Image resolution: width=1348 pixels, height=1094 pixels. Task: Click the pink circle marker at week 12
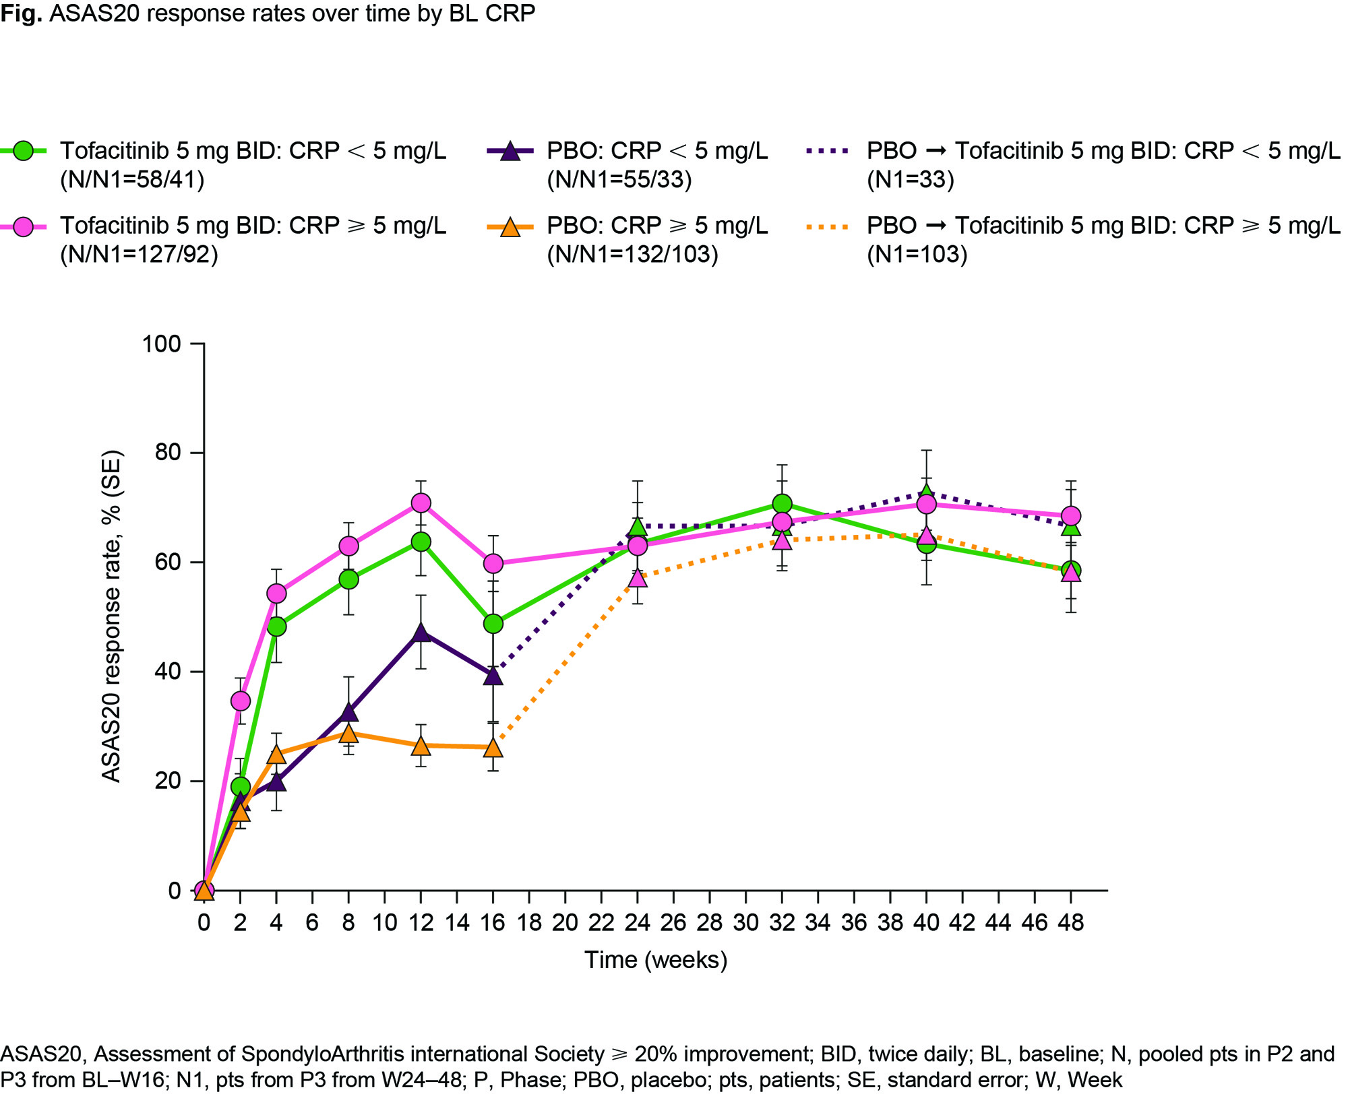coord(421,503)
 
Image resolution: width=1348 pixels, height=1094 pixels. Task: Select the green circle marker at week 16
coord(493,624)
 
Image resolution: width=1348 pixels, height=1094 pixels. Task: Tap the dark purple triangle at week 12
coord(421,633)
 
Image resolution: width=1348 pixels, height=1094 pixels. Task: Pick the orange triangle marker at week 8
coord(348,733)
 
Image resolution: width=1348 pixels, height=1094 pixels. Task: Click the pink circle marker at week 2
coord(241,701)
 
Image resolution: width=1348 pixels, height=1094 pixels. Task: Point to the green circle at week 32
coord(782,504)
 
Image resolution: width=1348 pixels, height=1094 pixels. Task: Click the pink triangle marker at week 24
coord(638,578)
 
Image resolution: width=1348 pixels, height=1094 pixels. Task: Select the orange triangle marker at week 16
coord(493,748)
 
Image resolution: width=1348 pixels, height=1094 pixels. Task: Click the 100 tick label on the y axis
coord(162,344)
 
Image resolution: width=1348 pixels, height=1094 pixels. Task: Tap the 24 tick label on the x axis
coord(638,922)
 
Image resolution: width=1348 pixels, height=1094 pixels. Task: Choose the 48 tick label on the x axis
coord(1071,922)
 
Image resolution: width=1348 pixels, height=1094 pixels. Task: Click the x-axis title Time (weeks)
coord(656,960)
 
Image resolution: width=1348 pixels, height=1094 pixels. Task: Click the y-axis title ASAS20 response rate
coord(112,616)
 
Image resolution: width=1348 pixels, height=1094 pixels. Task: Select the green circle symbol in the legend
coord(24,151)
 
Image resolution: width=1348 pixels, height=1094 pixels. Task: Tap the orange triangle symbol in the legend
coord(510,226)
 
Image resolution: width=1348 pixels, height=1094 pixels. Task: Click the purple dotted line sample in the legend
coord(828,151)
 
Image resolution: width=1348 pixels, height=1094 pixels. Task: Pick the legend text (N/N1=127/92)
coord(139,255)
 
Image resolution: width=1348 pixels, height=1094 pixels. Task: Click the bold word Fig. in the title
coord(22,13)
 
